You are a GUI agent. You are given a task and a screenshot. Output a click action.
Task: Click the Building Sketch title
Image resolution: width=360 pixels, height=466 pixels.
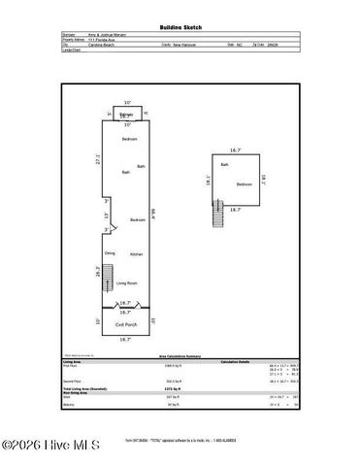click(180, 27)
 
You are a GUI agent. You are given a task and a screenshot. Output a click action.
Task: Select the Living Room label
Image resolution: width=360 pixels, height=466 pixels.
click(126, 283)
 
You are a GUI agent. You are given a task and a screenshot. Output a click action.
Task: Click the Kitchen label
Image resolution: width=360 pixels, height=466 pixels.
click(137, 253)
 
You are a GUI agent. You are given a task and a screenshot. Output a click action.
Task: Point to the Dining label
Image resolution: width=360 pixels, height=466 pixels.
click(110, 253)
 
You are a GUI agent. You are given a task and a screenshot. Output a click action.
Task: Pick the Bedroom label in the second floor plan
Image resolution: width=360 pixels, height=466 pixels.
click(244, 183)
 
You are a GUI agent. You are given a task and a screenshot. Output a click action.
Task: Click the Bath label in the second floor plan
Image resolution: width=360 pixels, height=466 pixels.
click(224, 165)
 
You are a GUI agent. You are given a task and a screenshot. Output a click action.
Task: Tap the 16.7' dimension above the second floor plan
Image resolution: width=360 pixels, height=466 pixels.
click(235, 150)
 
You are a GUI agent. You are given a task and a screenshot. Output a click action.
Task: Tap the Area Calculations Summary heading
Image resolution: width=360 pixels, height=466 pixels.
click(180, 357)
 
